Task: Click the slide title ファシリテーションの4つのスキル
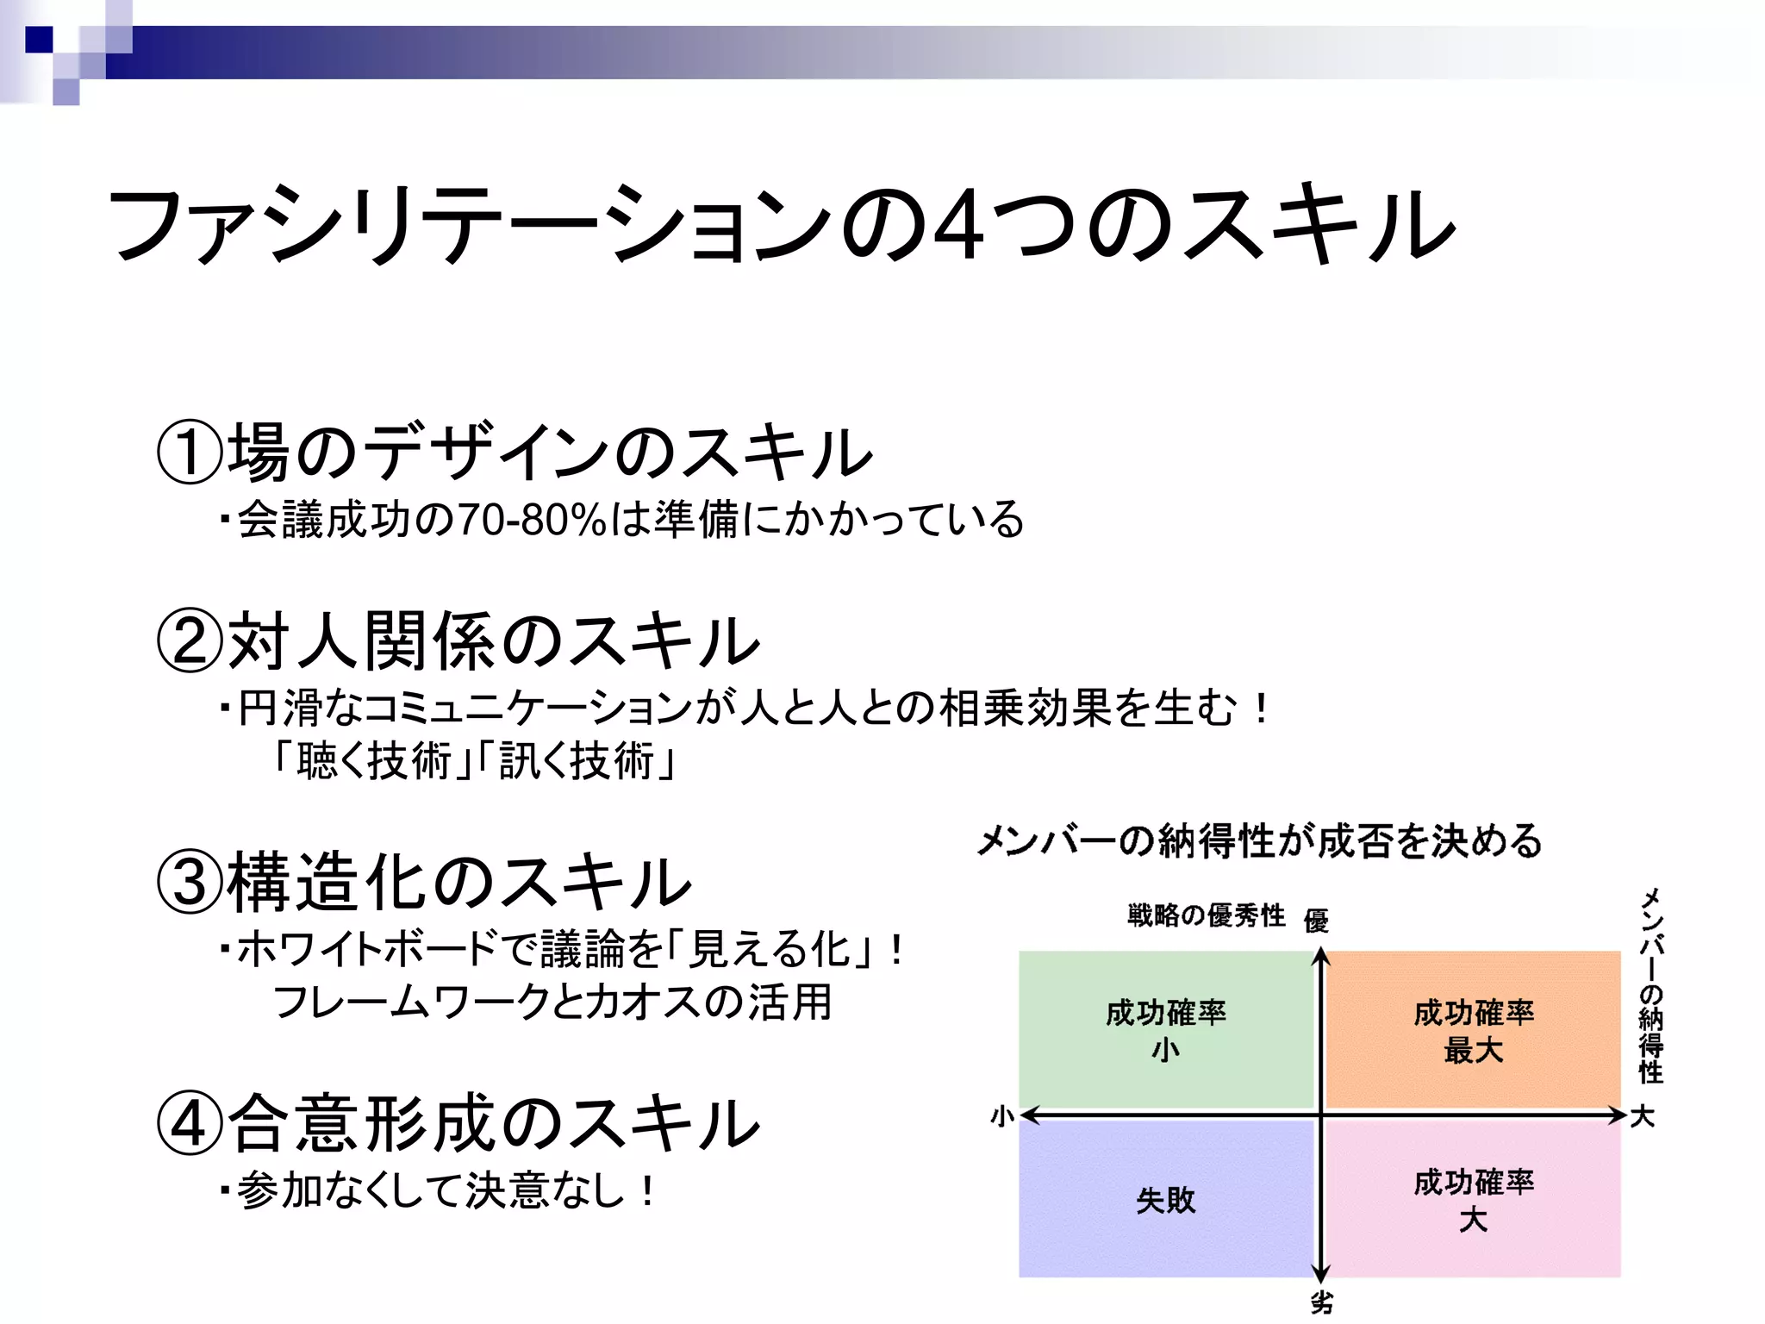[x=780, y=226]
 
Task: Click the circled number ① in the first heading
[x=190, y=452]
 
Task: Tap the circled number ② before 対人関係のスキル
[x=190, y=641]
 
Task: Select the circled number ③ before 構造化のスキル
[x=190, y=883]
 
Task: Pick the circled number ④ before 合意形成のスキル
[x=190, y=1124]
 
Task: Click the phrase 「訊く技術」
[x=577, y=761]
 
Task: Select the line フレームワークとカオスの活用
[x=552, y=1002]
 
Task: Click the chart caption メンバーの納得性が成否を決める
[x=1259, y=841]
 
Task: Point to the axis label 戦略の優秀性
[x=1206, y=915]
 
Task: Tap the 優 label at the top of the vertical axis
[x=1316, y=921]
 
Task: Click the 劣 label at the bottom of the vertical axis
[x=1321, y=1303]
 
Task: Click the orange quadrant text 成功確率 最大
[x=1474, y=1031]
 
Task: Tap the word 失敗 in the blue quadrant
[x=1165, y=1200]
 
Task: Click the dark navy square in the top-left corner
[x=39, y=40]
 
